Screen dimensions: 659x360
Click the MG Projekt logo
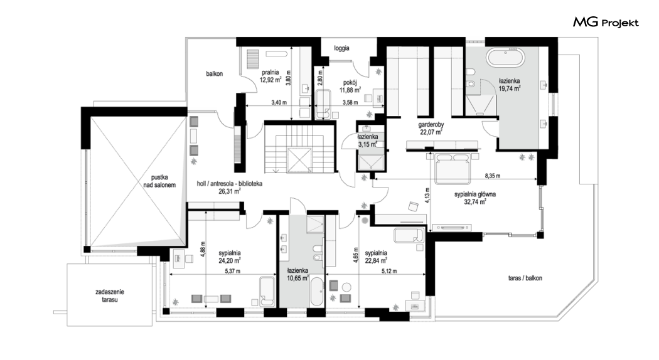(x=606, y=22)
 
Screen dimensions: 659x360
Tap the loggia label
(x=341, y=48)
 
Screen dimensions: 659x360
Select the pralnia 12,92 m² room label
(x=271, y=76)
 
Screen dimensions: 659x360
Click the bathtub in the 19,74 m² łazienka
(x=506, y=58)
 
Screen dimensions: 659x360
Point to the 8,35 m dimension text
(x=493, y=176)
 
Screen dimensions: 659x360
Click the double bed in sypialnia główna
(x=453, y=169)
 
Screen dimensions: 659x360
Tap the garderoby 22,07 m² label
(x=431, y=129)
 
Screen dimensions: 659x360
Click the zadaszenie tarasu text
(x=110, y=296)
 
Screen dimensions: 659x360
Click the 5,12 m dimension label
(x=388, y=271)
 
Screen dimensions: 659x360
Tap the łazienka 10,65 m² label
(x=298, y=274)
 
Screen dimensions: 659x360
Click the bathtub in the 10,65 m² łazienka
(x=316, y=292)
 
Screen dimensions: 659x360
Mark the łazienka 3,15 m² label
(x=367, y=140)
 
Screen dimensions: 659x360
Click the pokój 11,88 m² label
(x=350, y=86)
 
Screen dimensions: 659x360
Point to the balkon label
(x=215, y=74)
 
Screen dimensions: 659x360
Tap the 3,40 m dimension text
(x=279, y=102)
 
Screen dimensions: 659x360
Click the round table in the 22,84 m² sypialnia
(x=346, y=287)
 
